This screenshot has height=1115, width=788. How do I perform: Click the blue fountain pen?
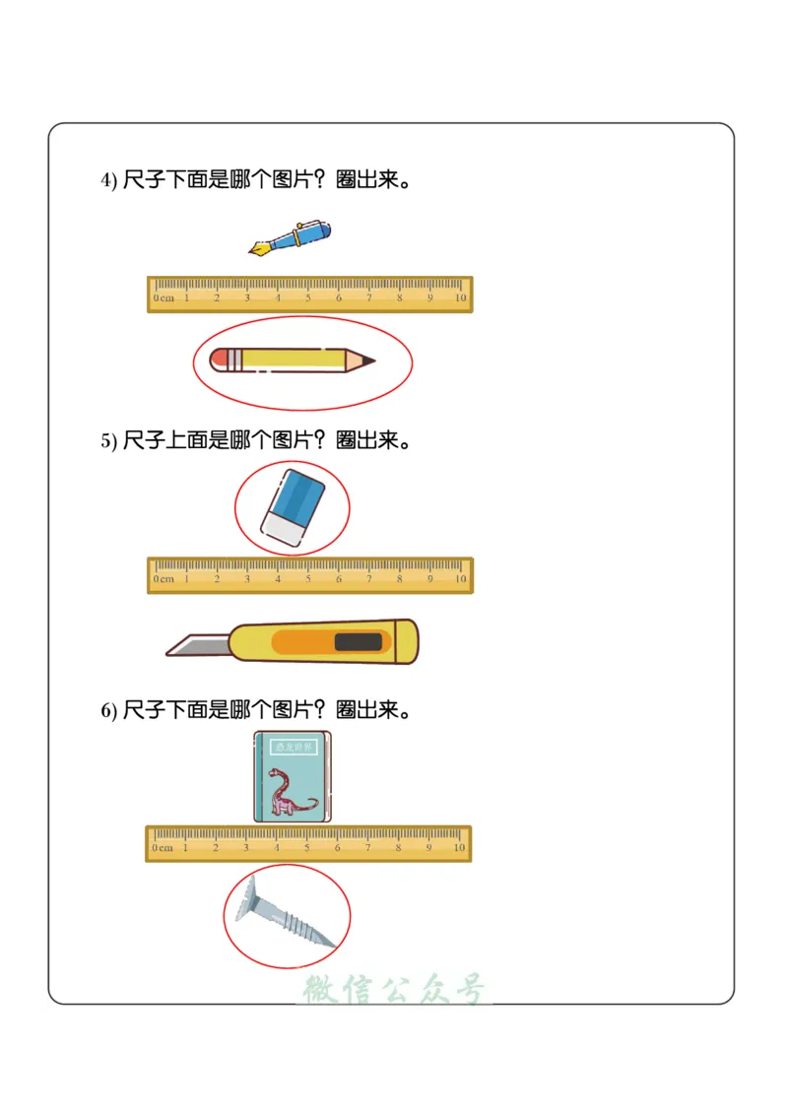[x=295, y=237]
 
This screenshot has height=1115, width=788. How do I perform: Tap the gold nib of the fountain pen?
[x=259, y=249]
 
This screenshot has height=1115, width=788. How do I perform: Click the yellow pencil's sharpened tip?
[x=365, y=361]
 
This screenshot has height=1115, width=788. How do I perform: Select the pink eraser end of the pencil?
[x=218, y=360]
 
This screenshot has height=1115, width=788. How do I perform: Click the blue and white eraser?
[x=293, y=506]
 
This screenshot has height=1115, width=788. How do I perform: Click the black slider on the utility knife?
[x=358, y=642]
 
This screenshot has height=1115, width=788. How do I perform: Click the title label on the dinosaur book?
[x=293, y=748]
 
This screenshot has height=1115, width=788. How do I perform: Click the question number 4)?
[x=108, y=181]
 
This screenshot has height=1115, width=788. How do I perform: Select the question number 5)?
[x=108, y=441]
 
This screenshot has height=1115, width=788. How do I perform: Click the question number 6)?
[x=108, y=710]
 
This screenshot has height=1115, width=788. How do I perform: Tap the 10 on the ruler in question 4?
[x=460, y=297]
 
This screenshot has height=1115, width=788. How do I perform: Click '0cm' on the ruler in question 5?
[x=164, y=578]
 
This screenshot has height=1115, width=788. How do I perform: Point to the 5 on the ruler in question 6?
[x=306, y=847]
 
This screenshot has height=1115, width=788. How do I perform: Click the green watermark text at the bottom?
[x=394, y=989]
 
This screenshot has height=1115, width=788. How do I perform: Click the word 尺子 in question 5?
[x=144, y=440]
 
